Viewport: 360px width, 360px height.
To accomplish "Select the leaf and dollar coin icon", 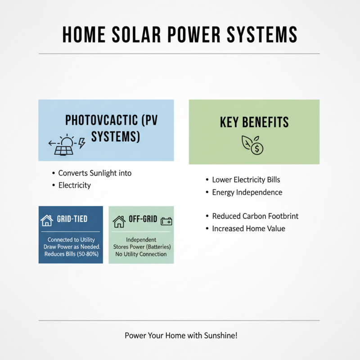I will [x=252, y=144].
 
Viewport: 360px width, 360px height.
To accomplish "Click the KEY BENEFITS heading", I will [x=254, y=122].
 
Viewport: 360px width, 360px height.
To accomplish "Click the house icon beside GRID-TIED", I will [x=47, y=220].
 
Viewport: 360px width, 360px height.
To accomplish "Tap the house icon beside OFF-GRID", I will [x=119, y=221].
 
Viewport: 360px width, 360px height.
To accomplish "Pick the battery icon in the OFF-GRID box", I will [x=166, y=221].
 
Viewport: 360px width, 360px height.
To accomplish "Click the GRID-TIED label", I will [x=72, y=220].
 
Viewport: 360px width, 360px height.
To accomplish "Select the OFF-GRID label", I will [x=143, y=220].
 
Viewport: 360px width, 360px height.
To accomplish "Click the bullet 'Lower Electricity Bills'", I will [x=246, y=180].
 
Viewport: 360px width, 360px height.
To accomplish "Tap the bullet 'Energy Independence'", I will [x=247, y=193].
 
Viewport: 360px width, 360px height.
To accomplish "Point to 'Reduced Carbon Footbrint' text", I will [x=255, y=216].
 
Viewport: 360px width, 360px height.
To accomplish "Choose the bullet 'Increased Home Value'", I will [x=248, y=229].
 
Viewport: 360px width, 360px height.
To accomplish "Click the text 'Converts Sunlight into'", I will [x=95, y=173].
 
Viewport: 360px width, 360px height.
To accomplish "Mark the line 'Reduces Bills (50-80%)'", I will [x=71, y=254].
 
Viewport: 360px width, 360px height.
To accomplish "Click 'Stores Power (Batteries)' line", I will [x=142, y=247].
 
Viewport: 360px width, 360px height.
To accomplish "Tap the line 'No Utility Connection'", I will [x=141, y=254].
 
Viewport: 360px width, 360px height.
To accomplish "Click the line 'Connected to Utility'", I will [x=71, y=240].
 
